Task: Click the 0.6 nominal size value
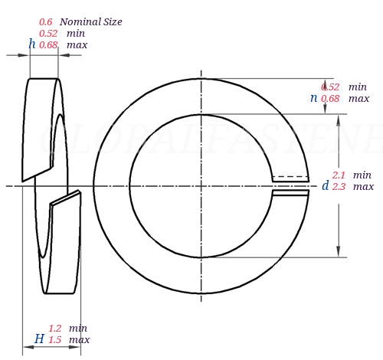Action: point(45,22)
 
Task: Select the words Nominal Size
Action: point(90,22)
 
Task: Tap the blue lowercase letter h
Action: point(32,44)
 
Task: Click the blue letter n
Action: point(313,98)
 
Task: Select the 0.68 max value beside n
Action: point(330,99)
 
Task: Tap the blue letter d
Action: point(325,186)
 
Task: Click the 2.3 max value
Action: point(339,187)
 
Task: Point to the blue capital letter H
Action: point(38,339)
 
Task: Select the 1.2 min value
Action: point(55,329)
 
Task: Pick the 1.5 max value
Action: point(55,340)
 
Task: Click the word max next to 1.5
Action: point(79,340)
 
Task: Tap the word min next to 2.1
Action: point(362,175)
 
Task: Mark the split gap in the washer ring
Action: point(290,186)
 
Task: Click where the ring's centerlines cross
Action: point(201,186)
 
